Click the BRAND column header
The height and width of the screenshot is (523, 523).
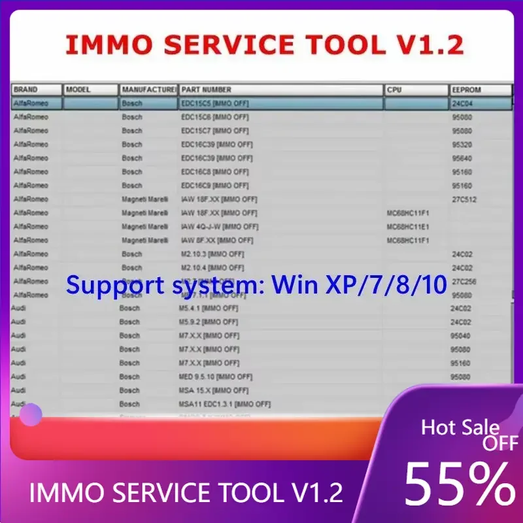coord(26,90)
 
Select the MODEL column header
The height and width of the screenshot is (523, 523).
coord(78,90)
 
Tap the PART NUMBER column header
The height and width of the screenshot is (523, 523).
coord(207,90)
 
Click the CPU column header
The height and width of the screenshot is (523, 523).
coord(394,90)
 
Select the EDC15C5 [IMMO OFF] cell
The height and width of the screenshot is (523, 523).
coord(215,103)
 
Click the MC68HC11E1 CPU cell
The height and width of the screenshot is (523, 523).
coord(408,227)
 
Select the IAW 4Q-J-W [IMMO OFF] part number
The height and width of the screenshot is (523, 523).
coord(220,227)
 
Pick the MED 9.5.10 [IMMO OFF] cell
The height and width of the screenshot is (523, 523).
coord(216,377)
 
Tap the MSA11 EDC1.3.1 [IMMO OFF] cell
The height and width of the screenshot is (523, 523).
coord(225,404)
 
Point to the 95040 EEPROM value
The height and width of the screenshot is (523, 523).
coord(460,335)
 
